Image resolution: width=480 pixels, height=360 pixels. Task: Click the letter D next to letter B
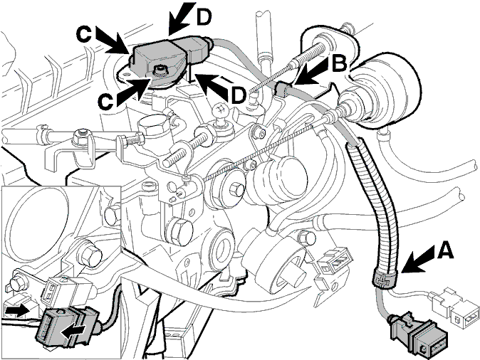click(239, 95)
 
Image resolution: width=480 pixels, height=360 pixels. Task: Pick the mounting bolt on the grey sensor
click(160, 70)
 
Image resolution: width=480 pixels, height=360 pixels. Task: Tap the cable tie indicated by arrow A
click(385, 277)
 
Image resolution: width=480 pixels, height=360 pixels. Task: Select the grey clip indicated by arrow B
click(282, 88)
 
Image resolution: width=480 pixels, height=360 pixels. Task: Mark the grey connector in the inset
click(67, 328)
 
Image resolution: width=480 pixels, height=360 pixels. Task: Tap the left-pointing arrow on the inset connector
click(73, 332)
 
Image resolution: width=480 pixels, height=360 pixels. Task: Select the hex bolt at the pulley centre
click(235, 190)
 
